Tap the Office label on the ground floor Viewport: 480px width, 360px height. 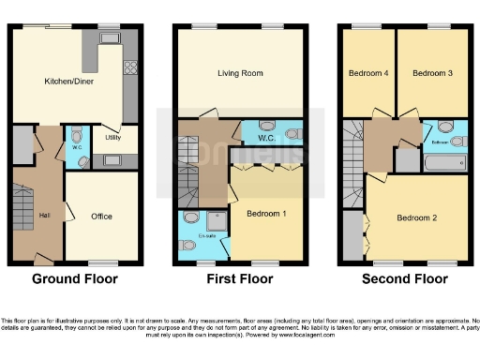click(x=101, y=217)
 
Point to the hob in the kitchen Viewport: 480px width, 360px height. click(x=129, y=67)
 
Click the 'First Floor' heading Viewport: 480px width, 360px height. click(x=239, y=278)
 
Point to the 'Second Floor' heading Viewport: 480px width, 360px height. click(x=404, y=278)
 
